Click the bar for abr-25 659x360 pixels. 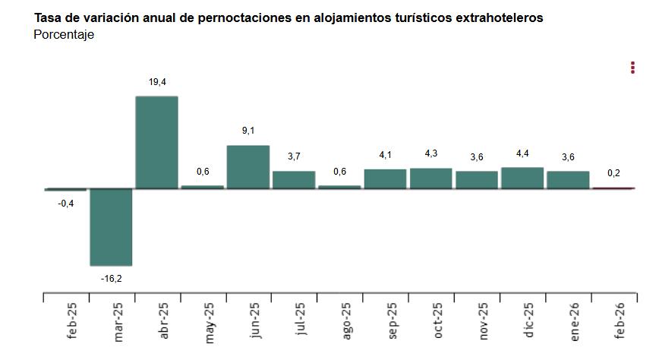156,142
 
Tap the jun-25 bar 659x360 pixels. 248,166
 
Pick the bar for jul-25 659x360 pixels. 294,179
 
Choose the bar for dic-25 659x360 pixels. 522,178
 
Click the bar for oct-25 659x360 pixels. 430,178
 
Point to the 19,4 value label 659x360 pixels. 157,81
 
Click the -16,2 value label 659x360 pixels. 111,279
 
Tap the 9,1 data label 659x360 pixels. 248,131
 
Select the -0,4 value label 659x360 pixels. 65,202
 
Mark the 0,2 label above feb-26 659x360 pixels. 613,173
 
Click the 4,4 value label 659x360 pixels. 522,153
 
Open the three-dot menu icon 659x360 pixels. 632,68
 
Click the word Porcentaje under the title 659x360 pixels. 64,35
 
